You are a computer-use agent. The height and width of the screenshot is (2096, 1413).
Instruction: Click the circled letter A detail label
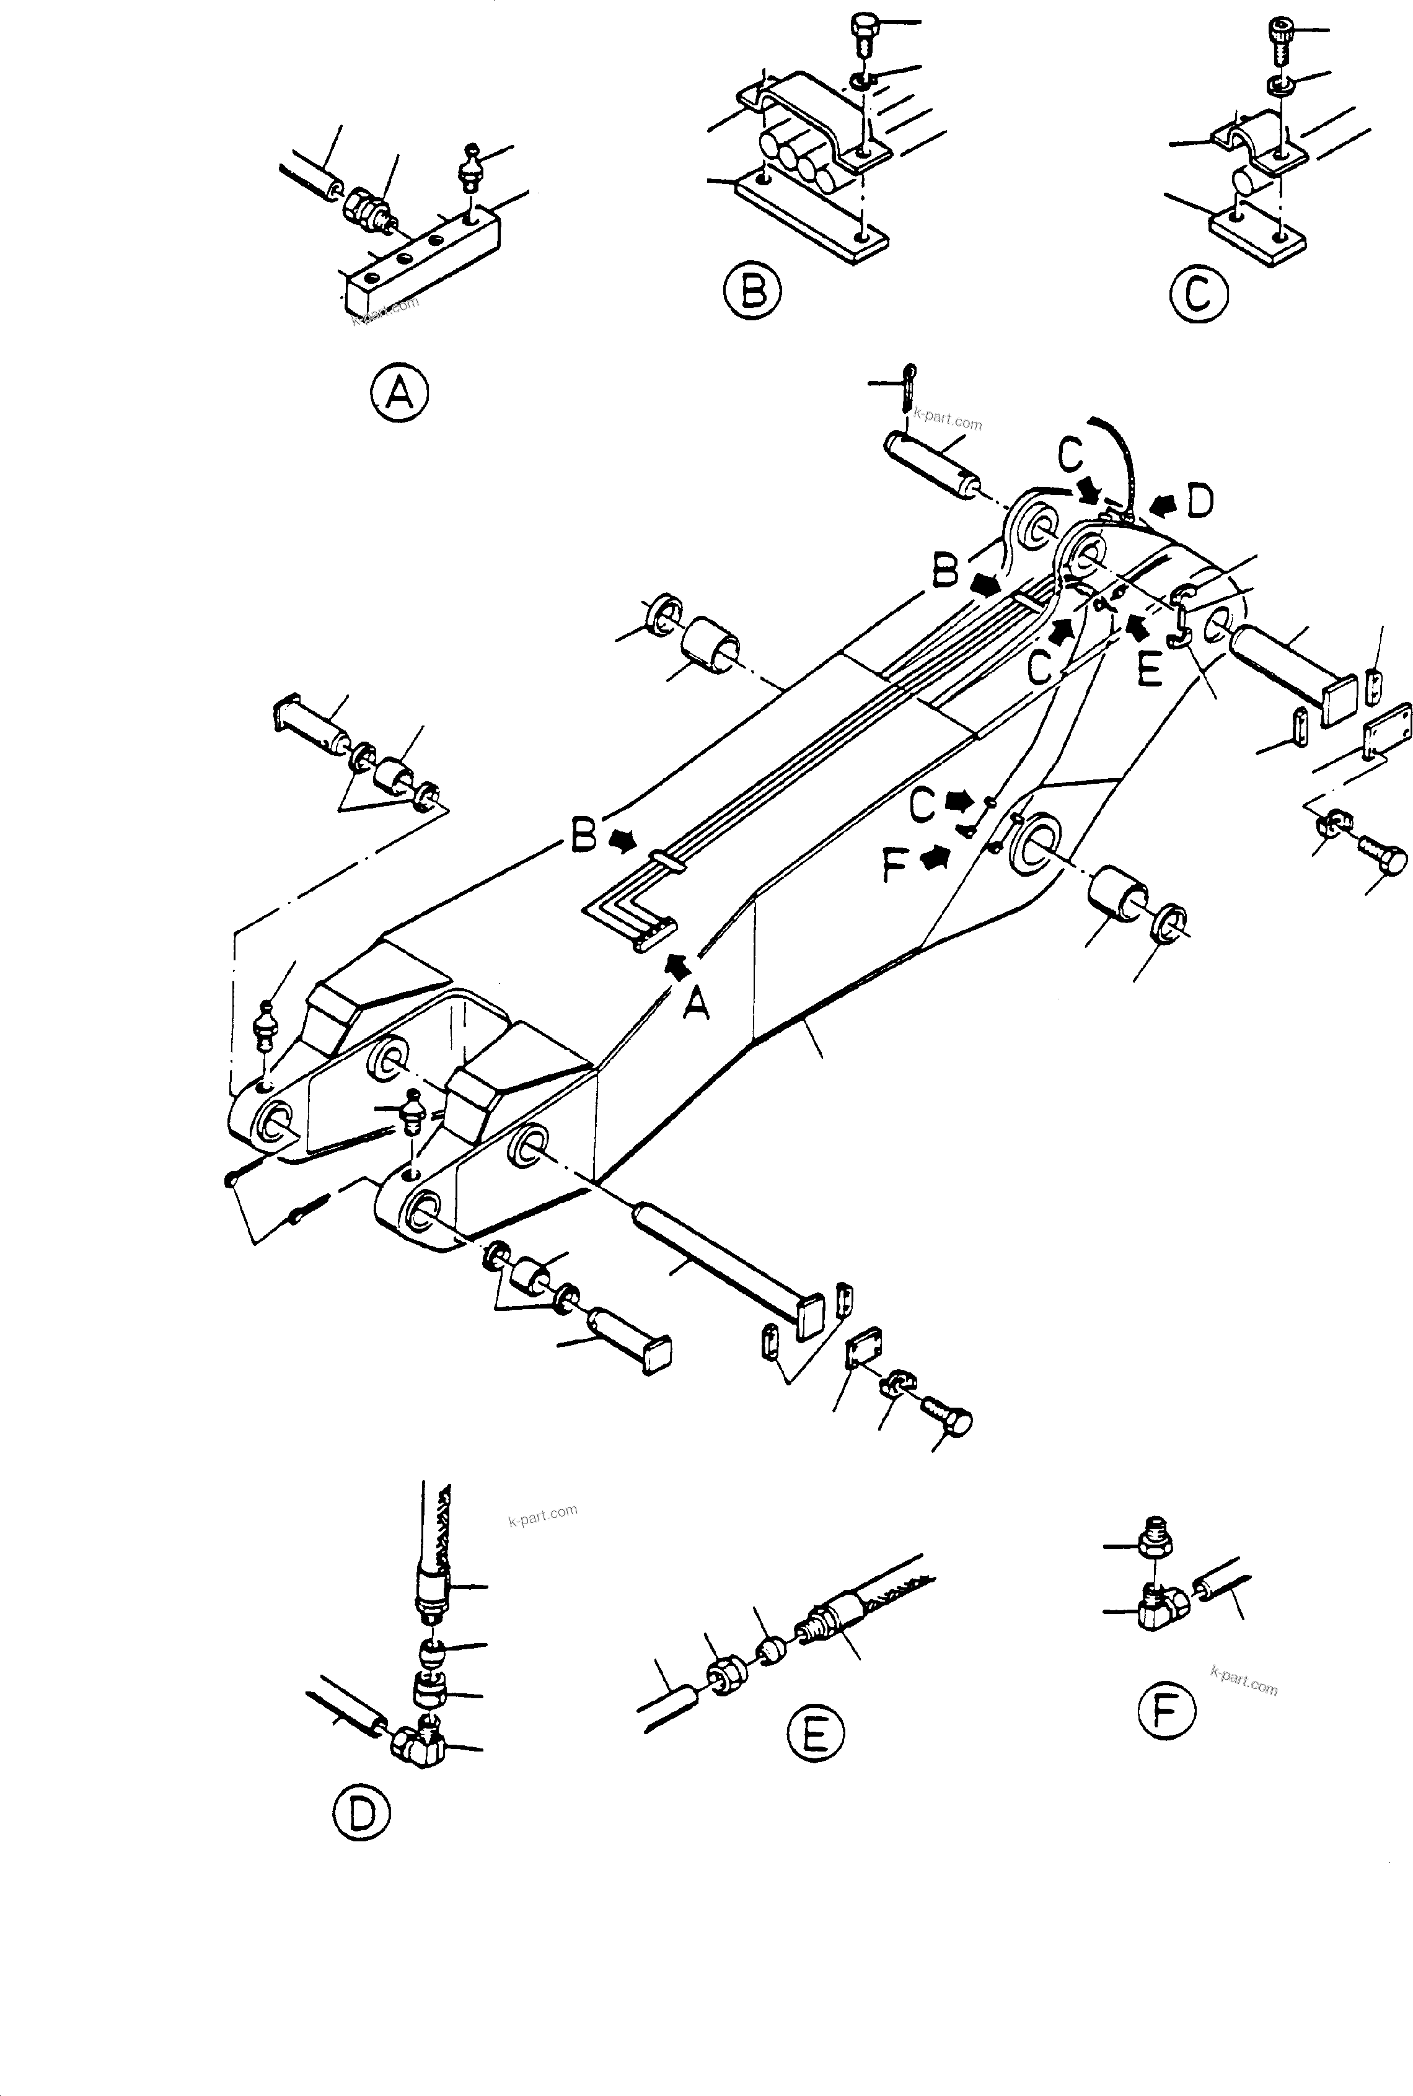click(398, 393)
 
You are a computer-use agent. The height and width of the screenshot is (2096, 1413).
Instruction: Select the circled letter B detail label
click(752, 291)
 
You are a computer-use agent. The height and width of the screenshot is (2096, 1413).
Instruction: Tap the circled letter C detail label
click(1199, 292)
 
